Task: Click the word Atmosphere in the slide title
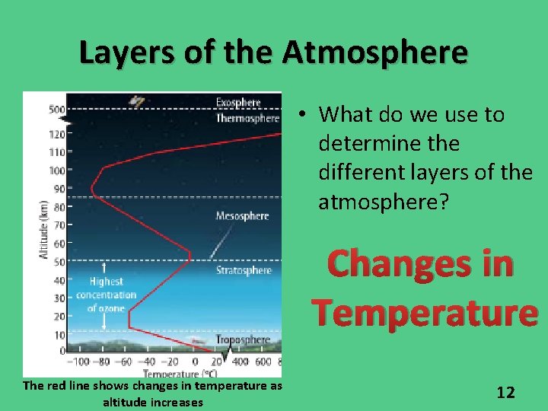click(x=375, y=53)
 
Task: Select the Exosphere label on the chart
click(x=237, y=102)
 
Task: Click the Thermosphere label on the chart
click(x=247, y=118)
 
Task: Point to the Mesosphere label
click(x=242, y=216)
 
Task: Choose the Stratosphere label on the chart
click(x=244, y=270)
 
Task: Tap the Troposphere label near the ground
click(x=243, y=339)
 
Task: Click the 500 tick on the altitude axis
click(x=56, y=109)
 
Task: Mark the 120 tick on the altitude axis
click(x=56, y=135)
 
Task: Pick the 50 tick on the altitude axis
click(x=59, y=262)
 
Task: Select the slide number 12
click(x=505, y=392)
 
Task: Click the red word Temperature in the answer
click(x=425, y=312)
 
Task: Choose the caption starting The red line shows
click(x=152, y=393)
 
